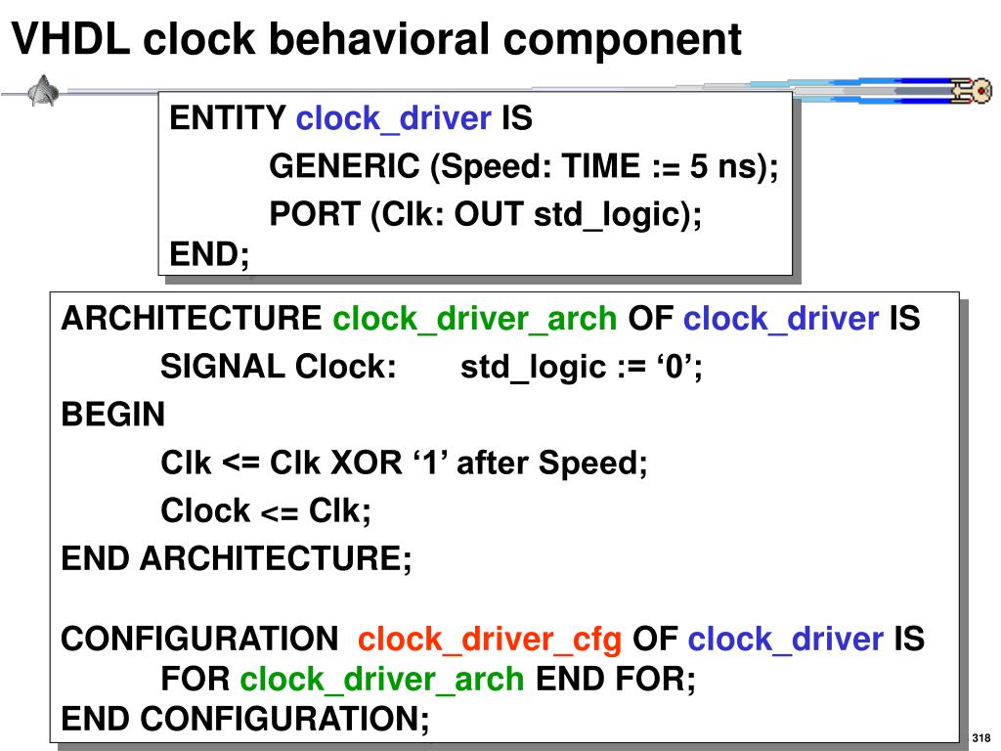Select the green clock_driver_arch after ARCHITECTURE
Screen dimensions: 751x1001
click(x=475, y=319)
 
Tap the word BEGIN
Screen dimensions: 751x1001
click(x=113, y=415)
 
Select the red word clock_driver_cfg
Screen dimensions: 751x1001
click(x=490, y=641)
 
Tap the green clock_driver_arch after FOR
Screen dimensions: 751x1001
click(x=383, y=679)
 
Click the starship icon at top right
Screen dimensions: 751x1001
click(x=968, y=91)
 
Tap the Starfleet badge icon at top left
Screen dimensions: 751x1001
click(x=44, y=93)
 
